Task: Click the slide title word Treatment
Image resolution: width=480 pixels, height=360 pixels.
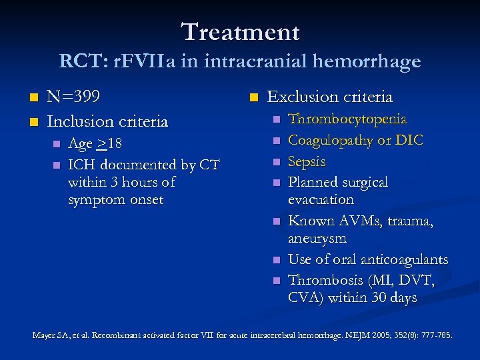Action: tap(240, 31)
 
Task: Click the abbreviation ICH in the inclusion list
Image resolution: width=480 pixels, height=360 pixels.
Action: tap(81, 165)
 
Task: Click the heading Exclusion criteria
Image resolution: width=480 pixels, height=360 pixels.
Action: tap(329, 97)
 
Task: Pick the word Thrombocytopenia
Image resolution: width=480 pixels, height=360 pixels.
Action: tap(347, 119)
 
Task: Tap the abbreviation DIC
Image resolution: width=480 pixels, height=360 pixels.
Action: tap(410, 141)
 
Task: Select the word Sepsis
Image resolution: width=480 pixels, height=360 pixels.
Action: tap(307, 162)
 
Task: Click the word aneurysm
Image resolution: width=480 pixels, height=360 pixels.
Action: tap(317, 238)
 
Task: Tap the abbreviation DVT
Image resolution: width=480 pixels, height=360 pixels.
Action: tap(417, 281)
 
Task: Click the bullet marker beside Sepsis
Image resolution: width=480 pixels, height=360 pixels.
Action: tap(274, 162)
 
